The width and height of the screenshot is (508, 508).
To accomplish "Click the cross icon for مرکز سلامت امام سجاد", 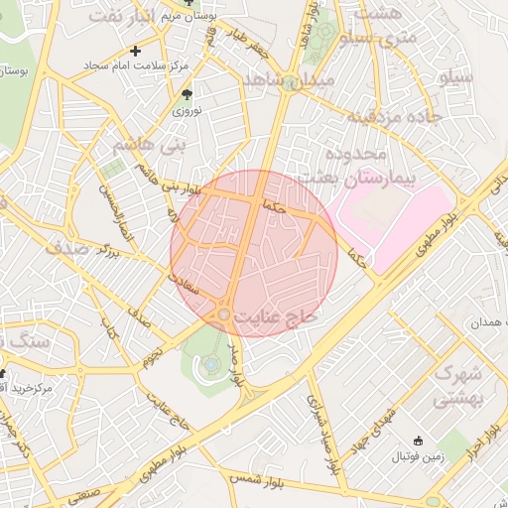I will click(136, 50).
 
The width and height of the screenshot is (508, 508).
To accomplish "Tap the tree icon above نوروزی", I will click(187, 94).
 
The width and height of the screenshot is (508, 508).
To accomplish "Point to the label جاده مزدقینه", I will click(389, 117).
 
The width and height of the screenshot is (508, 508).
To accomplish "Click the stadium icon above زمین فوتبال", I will click(417, 440).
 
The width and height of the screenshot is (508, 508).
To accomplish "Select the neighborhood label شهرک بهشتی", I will click(457, 386).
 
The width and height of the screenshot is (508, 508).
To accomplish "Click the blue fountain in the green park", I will click(211, 365).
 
